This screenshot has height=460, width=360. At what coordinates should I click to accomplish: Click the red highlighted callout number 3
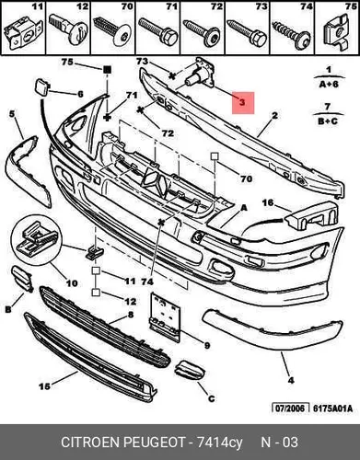coord(242,102)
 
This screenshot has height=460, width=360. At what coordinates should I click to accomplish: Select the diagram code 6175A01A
coord(333,408)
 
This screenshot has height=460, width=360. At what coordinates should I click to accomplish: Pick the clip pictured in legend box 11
coord(23,33)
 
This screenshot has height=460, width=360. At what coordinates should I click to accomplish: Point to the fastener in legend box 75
coord(336,32)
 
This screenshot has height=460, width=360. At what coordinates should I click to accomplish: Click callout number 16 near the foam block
coord(268,202)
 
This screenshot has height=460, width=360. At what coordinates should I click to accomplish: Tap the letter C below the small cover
coord(211,398)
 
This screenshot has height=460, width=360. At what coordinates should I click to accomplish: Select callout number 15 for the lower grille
coord(44,386)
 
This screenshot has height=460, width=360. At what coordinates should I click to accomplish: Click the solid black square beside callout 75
coord(107,70)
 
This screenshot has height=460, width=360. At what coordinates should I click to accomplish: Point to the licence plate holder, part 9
coord(165,317)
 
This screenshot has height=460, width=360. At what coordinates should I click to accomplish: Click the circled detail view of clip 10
coord(37,240)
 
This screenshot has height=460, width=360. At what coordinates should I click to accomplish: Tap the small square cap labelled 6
coord(41,86)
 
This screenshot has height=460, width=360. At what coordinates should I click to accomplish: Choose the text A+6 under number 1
coord(329,84)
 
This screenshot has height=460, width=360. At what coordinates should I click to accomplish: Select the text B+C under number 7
coord(328,121)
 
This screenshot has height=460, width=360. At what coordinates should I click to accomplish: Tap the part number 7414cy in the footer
coord(219,443)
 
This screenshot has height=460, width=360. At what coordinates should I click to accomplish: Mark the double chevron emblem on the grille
coord(156,182)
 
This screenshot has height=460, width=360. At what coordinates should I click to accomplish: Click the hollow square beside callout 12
coord(96,293)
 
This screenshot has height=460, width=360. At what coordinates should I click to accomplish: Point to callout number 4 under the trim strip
coord(291,381)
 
